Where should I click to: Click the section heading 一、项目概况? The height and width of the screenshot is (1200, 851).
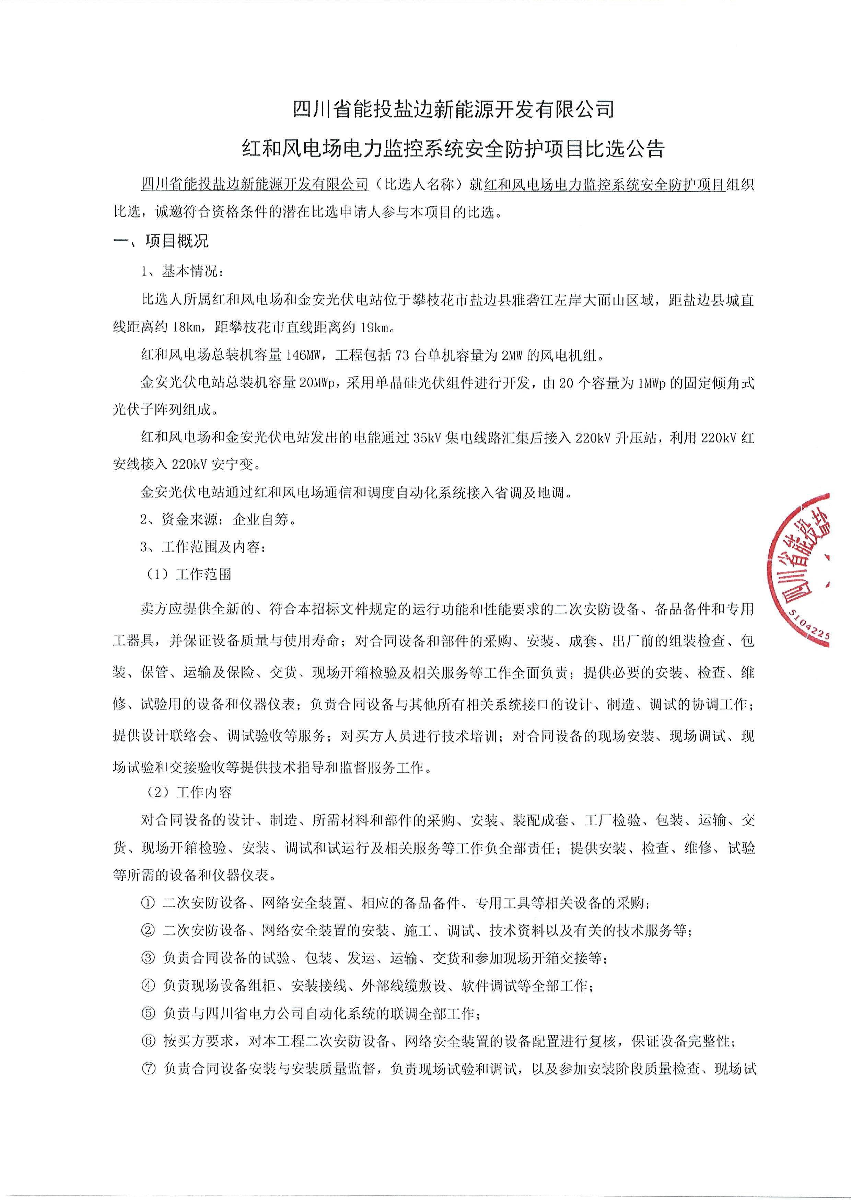[161, 241]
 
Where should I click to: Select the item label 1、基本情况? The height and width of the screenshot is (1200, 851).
[182, 272]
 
